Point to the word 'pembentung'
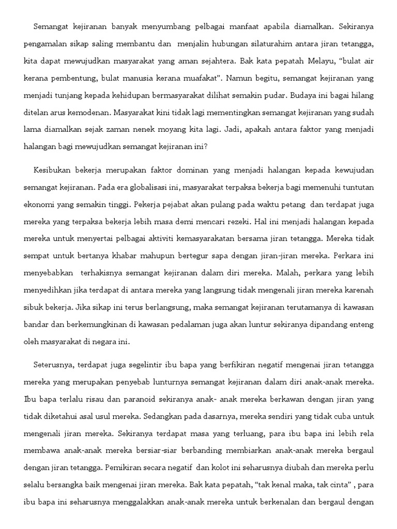click(72, 78)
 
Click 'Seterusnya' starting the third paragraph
click(54, 365)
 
